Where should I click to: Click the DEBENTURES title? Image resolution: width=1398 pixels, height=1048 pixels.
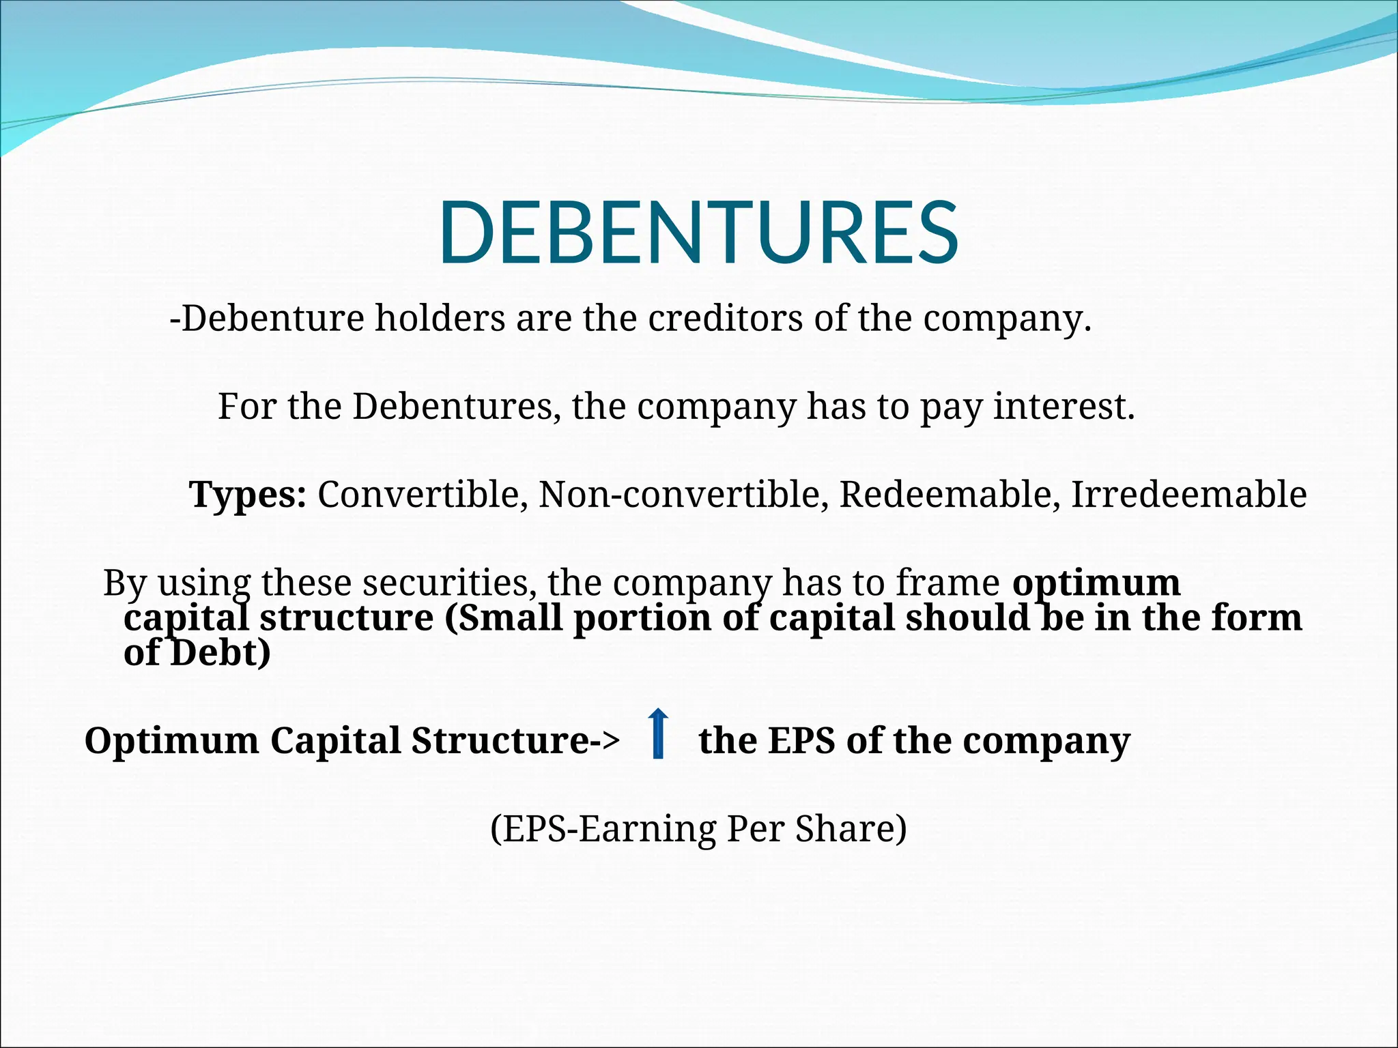click(698, 233)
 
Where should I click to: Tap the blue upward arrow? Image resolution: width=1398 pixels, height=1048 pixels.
click(658, 733)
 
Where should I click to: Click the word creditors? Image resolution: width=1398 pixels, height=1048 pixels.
click(725, 318)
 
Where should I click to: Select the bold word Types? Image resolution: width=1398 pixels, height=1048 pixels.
click(248, 494)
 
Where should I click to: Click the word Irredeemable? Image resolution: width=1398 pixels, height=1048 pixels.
click(1188, 494)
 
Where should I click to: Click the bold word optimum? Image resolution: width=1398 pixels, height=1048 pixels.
click(1096, 583)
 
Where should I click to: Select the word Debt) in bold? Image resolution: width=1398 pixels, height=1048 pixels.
click(220, 652)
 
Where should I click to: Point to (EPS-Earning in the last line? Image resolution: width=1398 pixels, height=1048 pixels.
click(603, 829)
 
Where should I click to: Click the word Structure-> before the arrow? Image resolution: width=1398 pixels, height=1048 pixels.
click(515, 740)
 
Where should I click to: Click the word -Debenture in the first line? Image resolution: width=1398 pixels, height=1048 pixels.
click(267, 318)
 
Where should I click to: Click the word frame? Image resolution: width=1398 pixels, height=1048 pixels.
click(947, 583)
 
